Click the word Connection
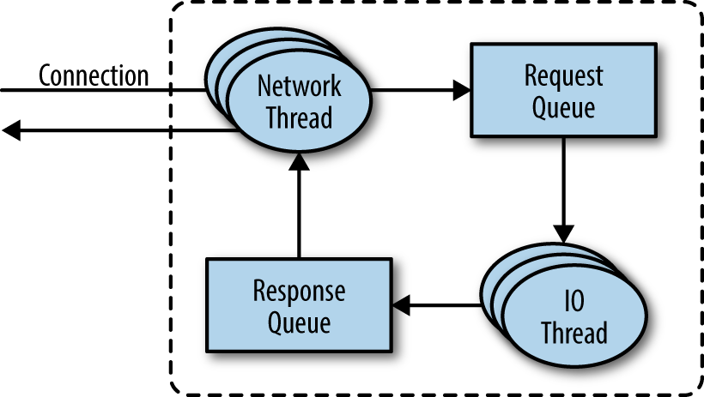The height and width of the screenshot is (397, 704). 94,75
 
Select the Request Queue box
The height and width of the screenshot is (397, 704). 562,90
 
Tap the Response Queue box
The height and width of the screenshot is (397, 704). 299,305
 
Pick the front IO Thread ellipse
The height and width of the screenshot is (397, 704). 574,318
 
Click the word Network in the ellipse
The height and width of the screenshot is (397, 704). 300,87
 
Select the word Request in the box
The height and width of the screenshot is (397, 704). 563,75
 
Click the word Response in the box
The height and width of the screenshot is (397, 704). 299,290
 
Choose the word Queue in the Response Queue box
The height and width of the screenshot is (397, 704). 299,322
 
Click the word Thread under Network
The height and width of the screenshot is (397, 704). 299,117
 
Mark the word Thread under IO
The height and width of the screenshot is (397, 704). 574,333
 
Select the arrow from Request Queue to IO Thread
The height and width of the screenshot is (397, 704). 562,189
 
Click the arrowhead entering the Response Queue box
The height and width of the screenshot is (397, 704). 401,304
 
